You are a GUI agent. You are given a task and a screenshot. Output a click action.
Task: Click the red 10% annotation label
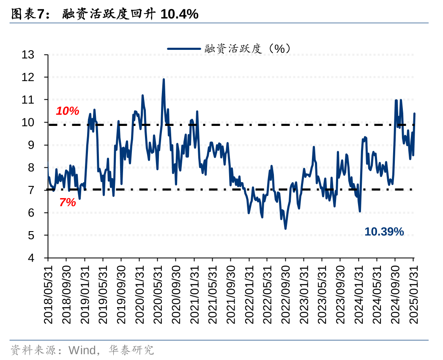(x=68, y=111)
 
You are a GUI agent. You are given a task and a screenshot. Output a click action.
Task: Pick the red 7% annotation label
(x=68, y=202)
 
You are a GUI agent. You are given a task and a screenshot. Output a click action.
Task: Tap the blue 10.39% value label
(x=384, y=232)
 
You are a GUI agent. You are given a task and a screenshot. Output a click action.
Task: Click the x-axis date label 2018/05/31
(x=48, y=295)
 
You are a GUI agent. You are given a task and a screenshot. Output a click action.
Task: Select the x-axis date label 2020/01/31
(x=139, y=295)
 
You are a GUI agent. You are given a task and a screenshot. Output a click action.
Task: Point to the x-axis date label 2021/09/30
(x=231, y=295)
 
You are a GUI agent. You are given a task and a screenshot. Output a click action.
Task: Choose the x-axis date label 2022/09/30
(x=286, y=295)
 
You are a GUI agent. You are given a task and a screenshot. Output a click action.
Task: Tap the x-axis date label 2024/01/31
(x=359, y=295)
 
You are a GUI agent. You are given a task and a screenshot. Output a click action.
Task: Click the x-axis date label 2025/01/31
(x=414, y=295)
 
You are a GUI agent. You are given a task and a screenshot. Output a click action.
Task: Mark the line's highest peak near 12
(x=164, y=79)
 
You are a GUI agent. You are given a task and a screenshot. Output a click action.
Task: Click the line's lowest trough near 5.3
(x=285, y=229)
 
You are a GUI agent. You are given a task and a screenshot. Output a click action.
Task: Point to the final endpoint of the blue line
(x=414, y=114)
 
